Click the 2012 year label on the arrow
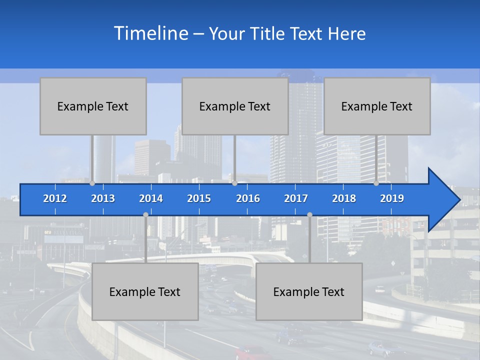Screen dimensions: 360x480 55,198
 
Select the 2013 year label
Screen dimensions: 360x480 103,198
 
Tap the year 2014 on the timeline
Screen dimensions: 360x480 151,198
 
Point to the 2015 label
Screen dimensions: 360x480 199,198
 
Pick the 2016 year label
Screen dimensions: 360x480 248,198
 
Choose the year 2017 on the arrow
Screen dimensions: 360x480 296,198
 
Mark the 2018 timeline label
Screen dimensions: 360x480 344,198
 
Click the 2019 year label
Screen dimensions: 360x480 392,198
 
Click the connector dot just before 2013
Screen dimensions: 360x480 92,183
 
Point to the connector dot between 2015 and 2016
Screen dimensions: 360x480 234,183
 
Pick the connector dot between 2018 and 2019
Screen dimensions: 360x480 376,183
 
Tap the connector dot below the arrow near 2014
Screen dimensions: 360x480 145,214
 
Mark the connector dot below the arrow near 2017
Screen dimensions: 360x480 309,214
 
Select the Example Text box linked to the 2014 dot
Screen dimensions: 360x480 145,291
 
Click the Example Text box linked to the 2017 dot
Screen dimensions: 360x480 309,291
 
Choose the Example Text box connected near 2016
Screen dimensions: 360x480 235,106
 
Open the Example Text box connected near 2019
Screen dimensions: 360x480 377,106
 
